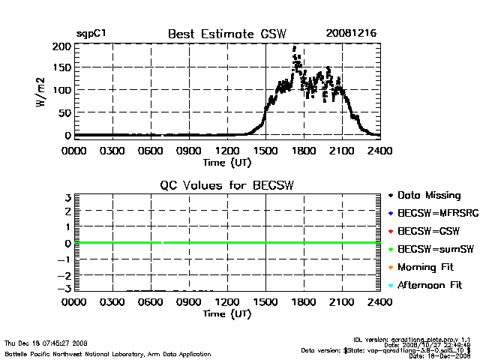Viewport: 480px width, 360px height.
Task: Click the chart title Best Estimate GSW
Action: coord(227,34)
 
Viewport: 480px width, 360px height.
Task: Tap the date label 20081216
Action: coord(350,34)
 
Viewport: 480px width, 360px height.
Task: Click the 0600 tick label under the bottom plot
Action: coord(151,302)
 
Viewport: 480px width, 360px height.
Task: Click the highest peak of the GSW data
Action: coord(295,47)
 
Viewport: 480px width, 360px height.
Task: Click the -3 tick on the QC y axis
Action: coord(64,289)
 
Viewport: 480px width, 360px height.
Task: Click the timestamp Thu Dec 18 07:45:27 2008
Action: coord(46,343)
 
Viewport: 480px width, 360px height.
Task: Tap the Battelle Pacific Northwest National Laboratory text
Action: coord(107,353)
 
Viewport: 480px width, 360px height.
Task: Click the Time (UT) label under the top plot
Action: coord(227,161)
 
